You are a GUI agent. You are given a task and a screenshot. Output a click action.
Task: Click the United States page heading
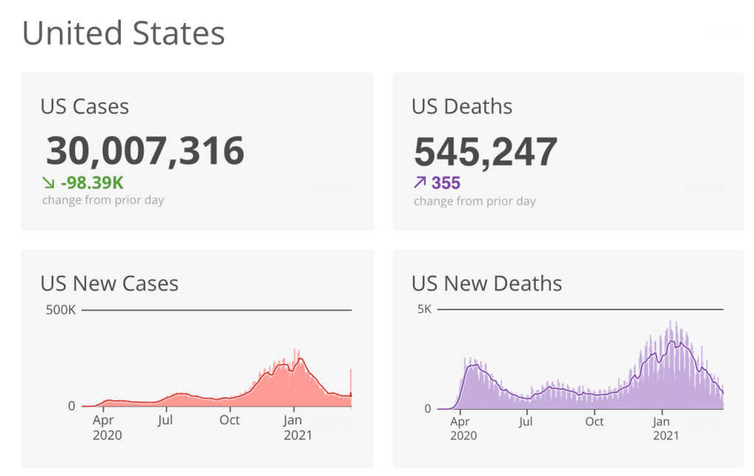click(123, 34)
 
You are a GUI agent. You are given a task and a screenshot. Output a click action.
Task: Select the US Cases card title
click(85, 107)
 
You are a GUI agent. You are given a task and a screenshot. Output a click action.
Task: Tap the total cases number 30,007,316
click(145, 151)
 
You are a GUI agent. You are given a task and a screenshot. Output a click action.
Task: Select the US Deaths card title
click(462, 107)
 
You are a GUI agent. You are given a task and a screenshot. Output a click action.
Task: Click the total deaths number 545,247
click(486, 152)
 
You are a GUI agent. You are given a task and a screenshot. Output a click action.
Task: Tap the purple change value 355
click(446, 183)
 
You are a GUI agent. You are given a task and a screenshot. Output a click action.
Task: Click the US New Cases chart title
click(110, 284)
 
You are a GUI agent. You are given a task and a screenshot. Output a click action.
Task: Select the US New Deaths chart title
click(486, 284)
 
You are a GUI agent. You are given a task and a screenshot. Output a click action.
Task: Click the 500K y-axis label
click(61, 310)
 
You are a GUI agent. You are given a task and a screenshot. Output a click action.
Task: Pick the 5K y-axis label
click(424, 309)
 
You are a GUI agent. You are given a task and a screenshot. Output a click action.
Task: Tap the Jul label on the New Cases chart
click(165, 420)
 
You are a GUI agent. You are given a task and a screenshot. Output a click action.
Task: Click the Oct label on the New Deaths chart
click(594, 421)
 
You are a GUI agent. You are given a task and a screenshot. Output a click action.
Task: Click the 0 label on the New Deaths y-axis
click(428, 409)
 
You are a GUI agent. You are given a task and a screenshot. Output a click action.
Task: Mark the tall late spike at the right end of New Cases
click(351, 383)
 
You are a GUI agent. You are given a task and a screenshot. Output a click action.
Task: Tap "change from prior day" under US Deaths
click(475, 201)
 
